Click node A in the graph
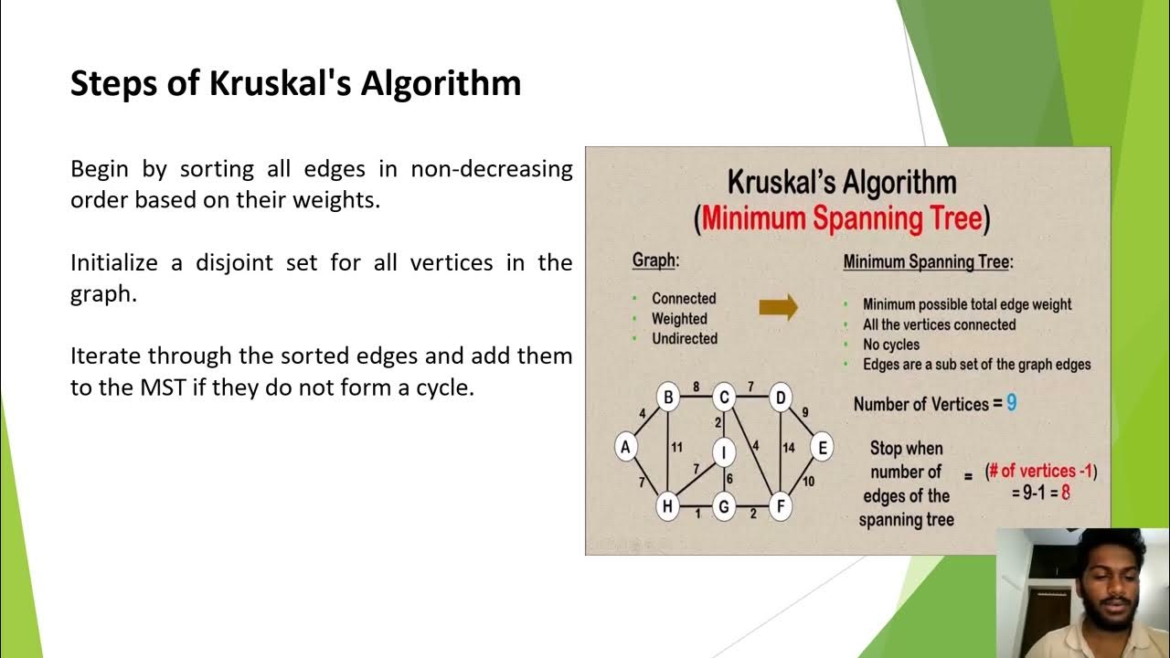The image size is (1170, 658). coord(625,447)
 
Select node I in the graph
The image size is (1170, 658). coord(724,451)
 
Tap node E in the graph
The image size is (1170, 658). coord(822,447)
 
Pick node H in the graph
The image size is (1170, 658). coord(668,506)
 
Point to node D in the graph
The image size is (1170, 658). coord(780,398)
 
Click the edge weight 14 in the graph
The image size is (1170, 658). coord(789,448)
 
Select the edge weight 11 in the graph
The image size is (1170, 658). coord(677,447)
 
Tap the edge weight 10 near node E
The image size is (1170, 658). coord(808,482)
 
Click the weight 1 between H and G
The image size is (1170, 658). coord(697,514)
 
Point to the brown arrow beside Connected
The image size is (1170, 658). coord(778,307)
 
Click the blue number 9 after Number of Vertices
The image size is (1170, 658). coord(1011,403)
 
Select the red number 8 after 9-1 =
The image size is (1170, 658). coord(1065,492)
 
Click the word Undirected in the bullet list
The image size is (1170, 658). coord(685,338)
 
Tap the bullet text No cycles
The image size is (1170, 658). coord(891,345)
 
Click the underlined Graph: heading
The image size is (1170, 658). coord(655,260)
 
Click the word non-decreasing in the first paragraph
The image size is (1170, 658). coord(492,169)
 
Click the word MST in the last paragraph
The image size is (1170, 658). coord(162,387)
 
